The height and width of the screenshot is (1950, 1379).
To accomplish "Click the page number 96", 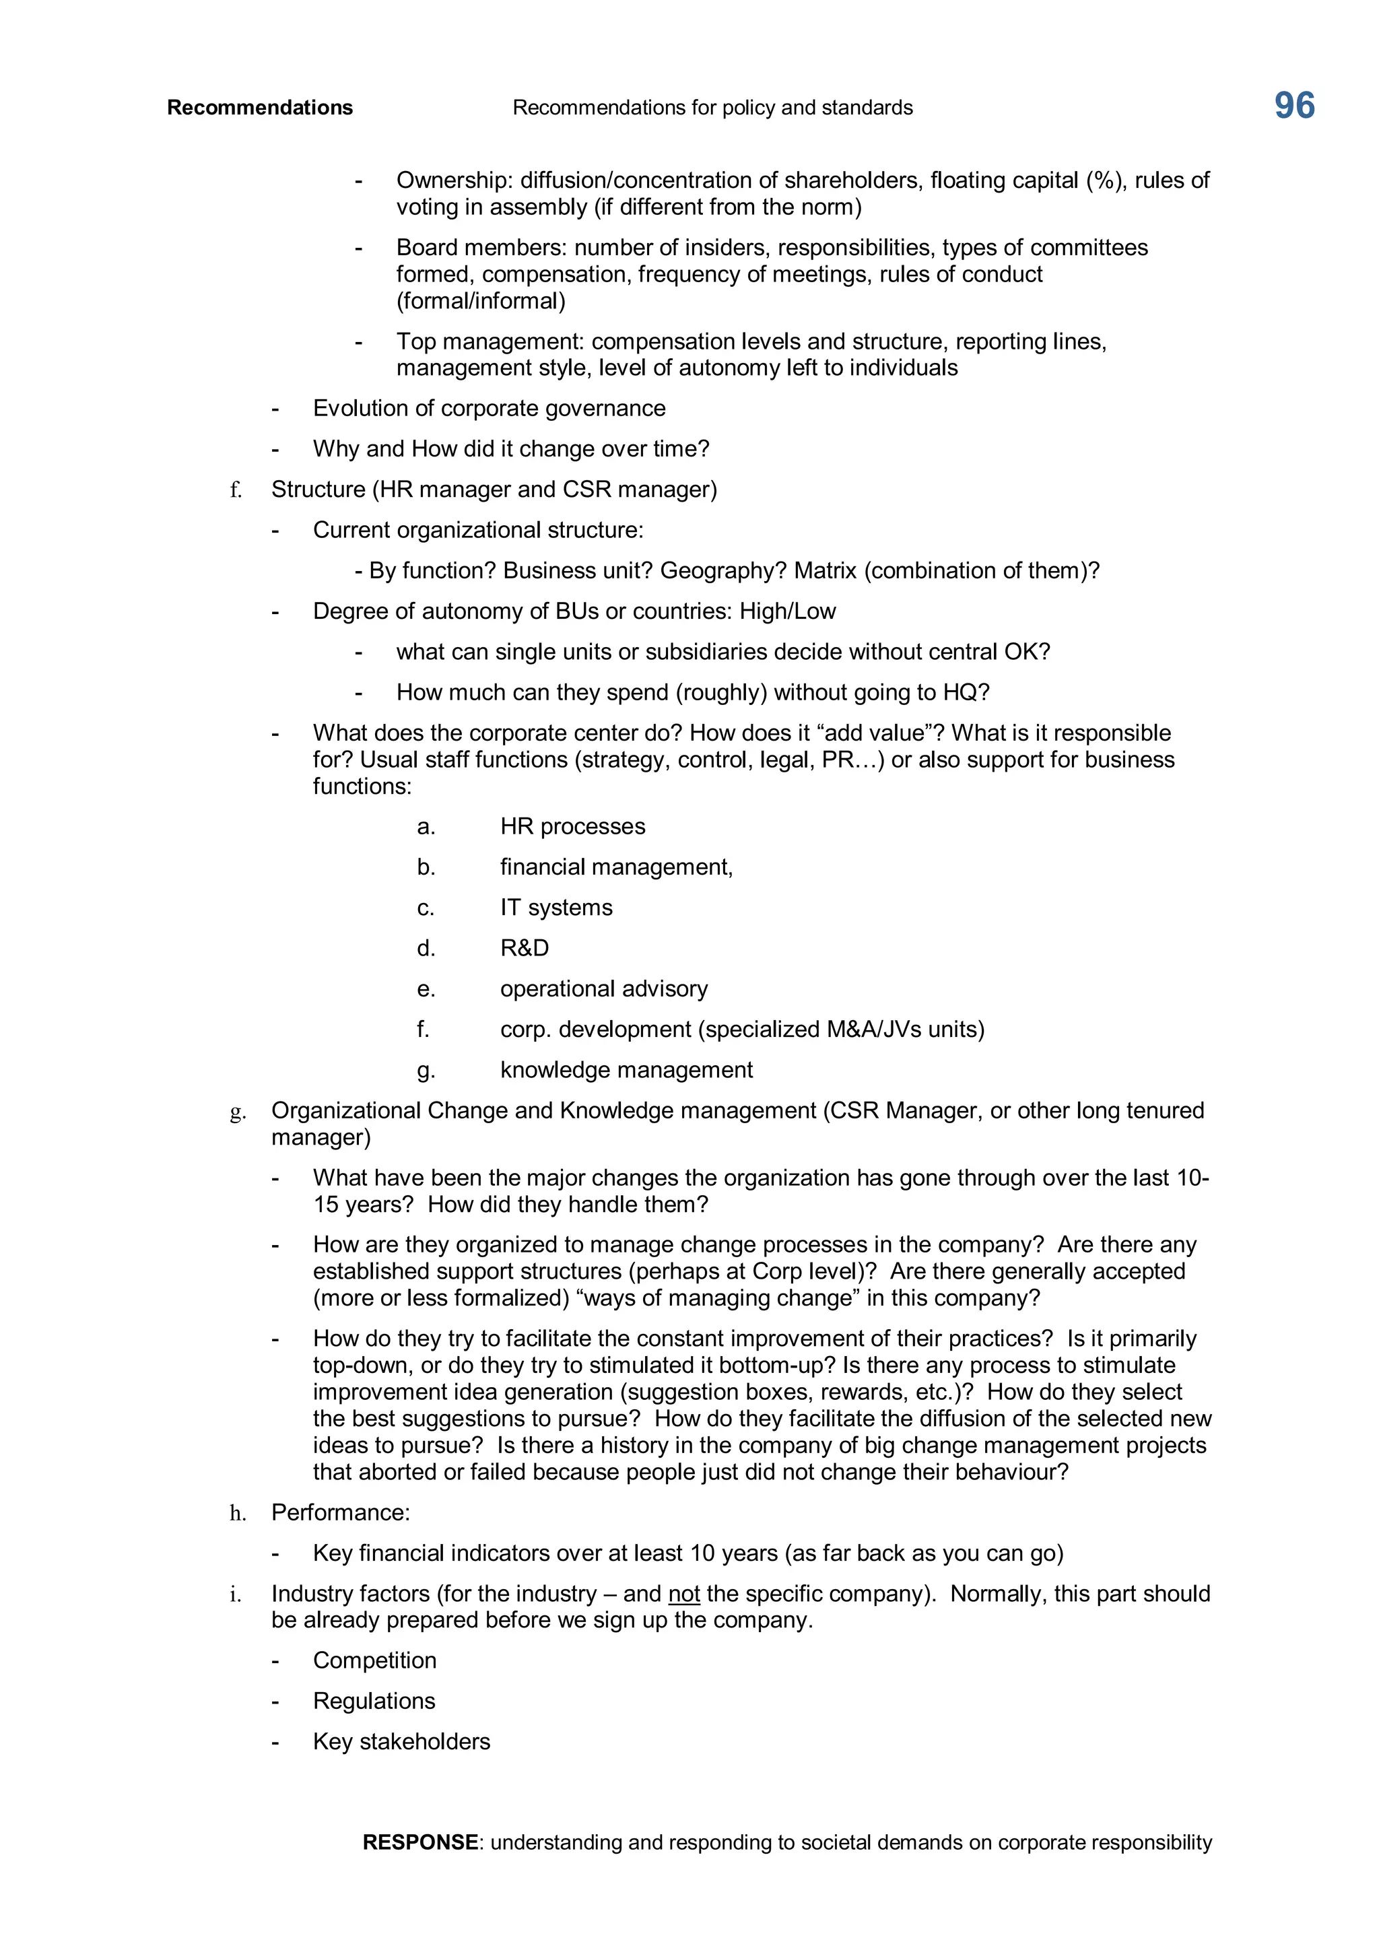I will click(1294, 106).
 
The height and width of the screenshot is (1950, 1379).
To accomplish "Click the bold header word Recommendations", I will click(260, 108).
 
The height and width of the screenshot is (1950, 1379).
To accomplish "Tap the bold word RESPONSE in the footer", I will click(419, 1842).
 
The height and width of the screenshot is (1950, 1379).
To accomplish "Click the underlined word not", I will click(683, 1594).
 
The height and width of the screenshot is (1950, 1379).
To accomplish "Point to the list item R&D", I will click(524, 948).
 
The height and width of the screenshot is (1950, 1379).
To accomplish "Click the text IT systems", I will click(556, 907).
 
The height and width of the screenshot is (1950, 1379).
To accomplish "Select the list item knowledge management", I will click(626, 1070).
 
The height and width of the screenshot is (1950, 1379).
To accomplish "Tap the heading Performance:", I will click(341, 1512).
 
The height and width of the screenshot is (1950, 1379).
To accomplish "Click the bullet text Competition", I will click(374, 1660).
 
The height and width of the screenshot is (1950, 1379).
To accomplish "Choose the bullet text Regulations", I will click(374, 1701).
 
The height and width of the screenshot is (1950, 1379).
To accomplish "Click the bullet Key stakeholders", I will click(401, 1742).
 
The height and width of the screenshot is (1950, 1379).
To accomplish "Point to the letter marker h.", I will click(238, 1514).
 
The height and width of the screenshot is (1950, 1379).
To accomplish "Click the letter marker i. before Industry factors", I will click(235, 1595).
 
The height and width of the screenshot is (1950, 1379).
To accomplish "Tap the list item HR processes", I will click(572, 826).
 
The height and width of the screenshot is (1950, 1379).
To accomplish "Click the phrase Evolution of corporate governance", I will click(489, 409).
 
